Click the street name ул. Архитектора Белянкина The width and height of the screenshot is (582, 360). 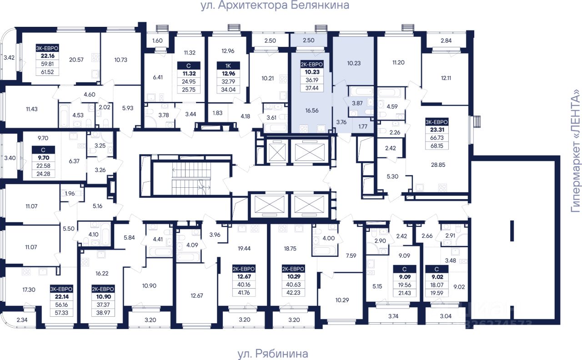coord(275,6)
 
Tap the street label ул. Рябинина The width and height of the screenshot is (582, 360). coord(272,354)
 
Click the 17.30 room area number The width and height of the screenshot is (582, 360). coord(28,290)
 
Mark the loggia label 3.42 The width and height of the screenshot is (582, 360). coord(9,58)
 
